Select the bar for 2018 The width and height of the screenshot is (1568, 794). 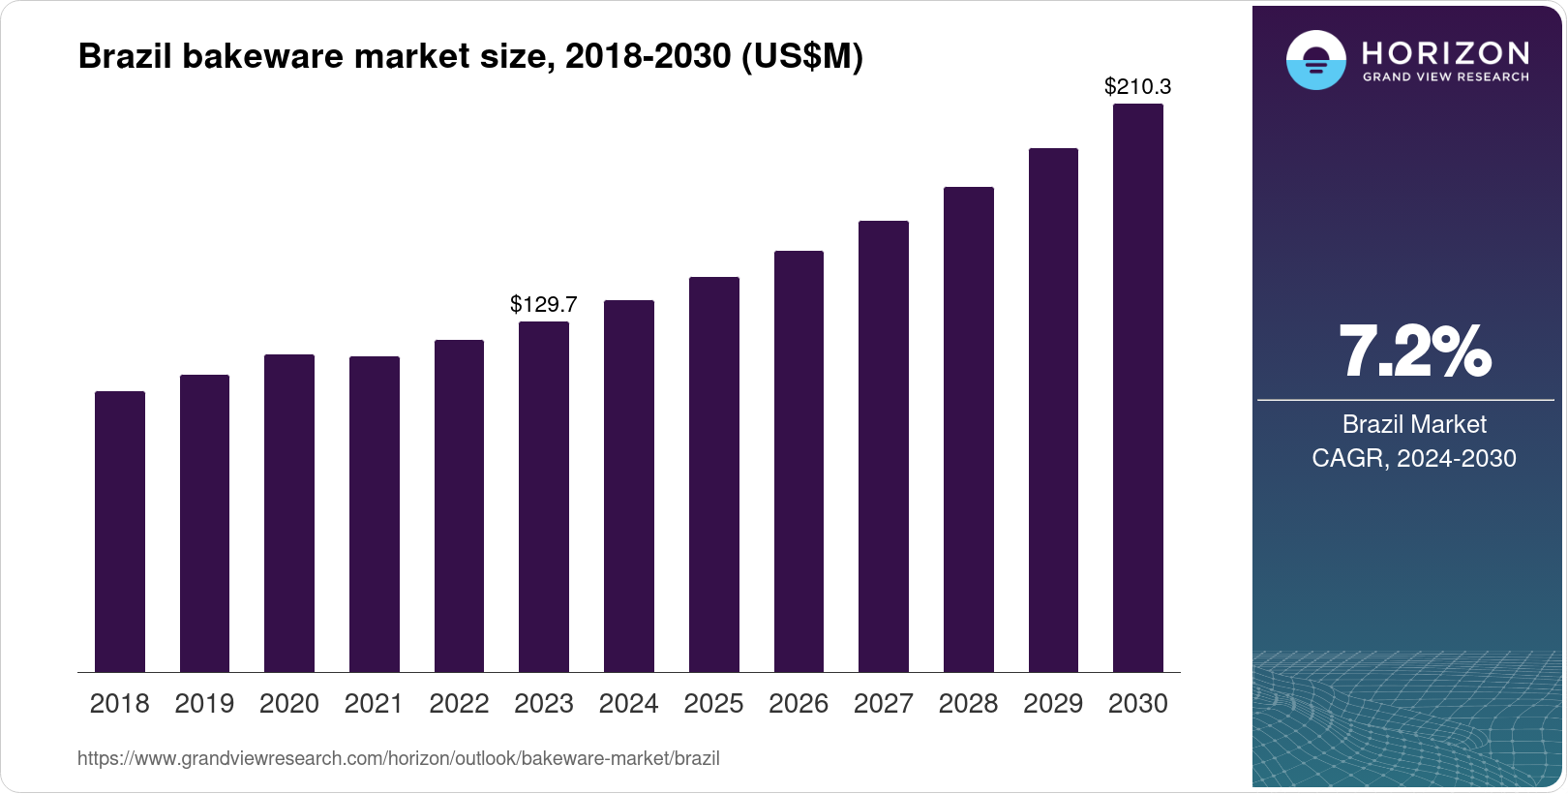point(120,532)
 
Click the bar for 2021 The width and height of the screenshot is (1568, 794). point(375,514)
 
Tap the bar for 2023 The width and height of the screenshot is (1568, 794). point(544,497)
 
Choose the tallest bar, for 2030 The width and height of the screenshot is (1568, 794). point(1138,387)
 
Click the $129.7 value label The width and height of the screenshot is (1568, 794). point(544,304)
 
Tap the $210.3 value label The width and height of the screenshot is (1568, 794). point(1138,86)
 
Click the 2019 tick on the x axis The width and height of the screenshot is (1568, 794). point(204,704)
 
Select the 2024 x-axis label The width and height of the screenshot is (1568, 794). point(629,704)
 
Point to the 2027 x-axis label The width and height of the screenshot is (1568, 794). point(884,704)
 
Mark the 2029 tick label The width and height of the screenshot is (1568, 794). point(1053,704)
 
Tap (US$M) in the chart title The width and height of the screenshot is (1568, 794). point(801,56)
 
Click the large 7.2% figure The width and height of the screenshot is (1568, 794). point(1414,351)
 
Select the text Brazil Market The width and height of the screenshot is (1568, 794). point(1414,424)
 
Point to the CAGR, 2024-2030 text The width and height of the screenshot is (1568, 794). point(1414,458)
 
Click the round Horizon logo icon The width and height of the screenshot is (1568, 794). point(1315,60)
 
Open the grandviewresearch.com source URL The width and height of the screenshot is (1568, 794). point(399,758)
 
